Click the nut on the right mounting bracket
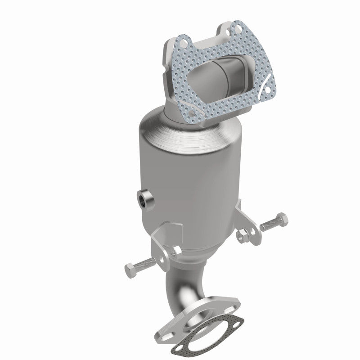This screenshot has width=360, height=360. (242, 234)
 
